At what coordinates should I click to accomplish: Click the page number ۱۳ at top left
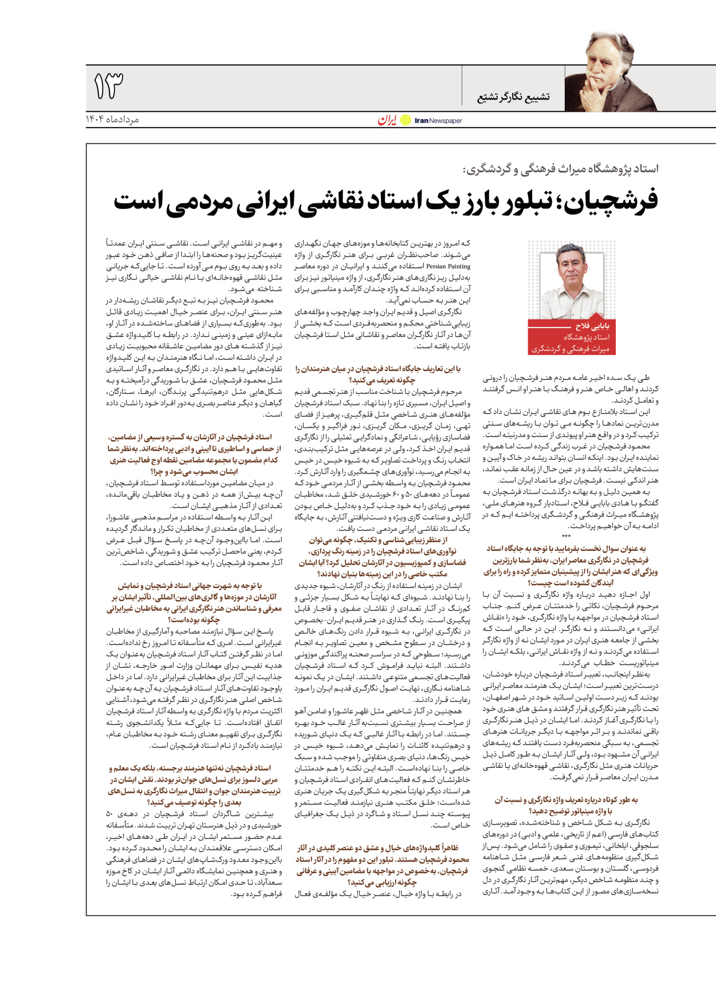[x=108, y=85]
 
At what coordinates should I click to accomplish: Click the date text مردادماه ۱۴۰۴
[x=112, y=119]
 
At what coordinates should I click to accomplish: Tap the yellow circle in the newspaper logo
[x=406, y=120]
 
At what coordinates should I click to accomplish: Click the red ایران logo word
[x=387, y=120]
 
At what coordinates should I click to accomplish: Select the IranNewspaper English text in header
[x=438, y=121]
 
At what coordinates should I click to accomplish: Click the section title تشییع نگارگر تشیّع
[x=513, y=97]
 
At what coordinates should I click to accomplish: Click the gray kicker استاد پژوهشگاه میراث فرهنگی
[x=561, y=169]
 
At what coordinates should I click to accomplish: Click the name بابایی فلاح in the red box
[x=592, y=326]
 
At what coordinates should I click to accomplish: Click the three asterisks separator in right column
[x=566, y=536]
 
